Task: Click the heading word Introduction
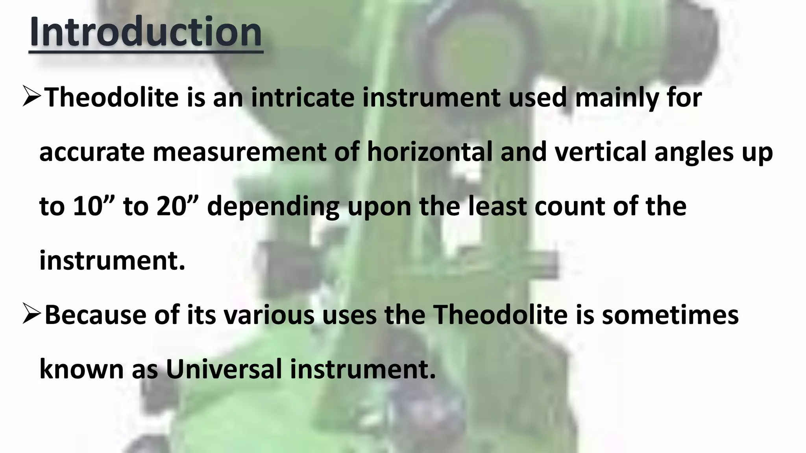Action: click(x=146, y=32)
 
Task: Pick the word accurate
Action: click(x=92, y=153)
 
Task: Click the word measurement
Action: click(x=239, y=153)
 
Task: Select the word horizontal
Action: click(x=430, y=152)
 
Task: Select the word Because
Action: click(x=96, y=315)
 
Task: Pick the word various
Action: click(x=269, y=315)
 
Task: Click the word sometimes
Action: click(x=670, y=315)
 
